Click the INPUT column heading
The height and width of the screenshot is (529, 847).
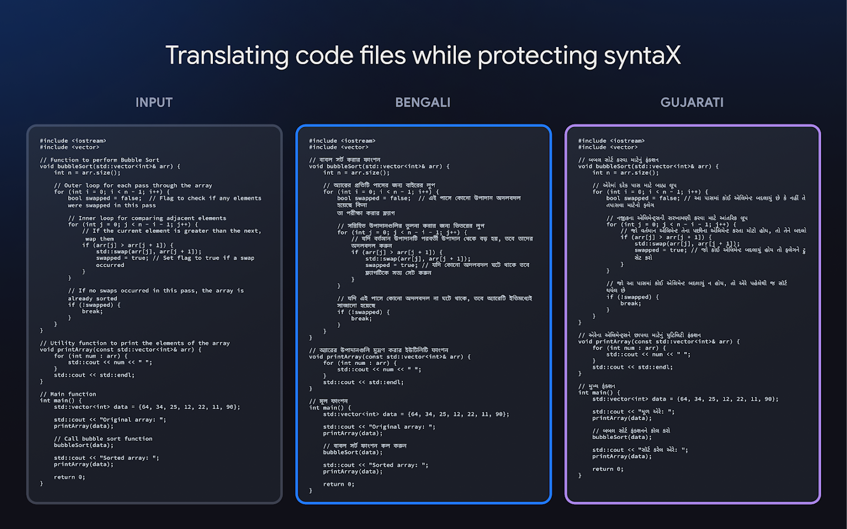coord(154,102)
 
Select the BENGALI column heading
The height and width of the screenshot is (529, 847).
coord(422,102)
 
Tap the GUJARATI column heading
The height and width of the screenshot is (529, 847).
coord(692,102)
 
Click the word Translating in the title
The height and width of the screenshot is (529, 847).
coord(227,56)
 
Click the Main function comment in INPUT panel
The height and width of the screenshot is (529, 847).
coord(68,394)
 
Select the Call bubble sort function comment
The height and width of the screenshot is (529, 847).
coord(103,439)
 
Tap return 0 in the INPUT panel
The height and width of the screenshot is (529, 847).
coord(69,477)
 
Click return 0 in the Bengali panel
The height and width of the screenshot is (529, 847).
coord(338,484)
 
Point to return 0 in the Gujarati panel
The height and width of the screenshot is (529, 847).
coord(608,469)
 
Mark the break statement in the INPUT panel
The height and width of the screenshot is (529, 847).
coord(92,311)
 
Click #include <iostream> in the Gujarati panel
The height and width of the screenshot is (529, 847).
coord(611,141)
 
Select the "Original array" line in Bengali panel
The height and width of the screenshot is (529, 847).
coord(379,427)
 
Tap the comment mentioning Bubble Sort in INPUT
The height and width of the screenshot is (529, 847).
coord(99,160)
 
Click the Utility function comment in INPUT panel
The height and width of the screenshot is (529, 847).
coord(135,343)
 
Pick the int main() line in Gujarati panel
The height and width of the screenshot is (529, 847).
coord(599,392)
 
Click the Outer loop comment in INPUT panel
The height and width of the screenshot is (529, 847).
coord(133,185)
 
